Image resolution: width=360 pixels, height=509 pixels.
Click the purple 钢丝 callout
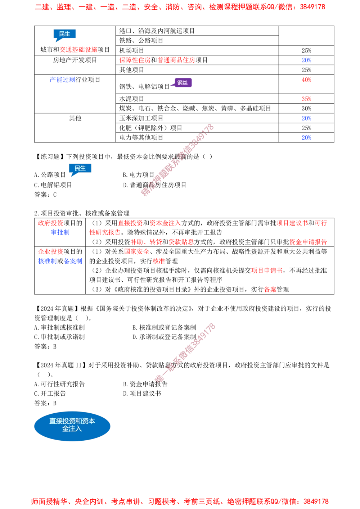click(x=183, y=83)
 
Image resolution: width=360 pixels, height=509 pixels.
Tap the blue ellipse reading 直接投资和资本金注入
click(x=72, y=425)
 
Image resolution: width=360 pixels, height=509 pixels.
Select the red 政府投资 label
click(x=50, y=223)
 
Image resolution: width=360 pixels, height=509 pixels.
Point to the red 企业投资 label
click(x=50, y=251)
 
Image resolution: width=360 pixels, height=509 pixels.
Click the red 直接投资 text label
click(x=131, y=223)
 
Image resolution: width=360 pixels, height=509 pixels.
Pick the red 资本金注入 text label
click(x=165, y=223)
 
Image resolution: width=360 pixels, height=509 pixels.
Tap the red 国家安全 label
click(x=137, y=251)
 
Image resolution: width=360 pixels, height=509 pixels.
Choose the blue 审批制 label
click(x=60, y=232)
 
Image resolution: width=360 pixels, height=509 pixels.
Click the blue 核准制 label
click(x=48, y=261)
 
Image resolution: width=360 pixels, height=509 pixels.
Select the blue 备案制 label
click(x=73, y=261)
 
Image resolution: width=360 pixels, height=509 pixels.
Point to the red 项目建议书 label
click(x=292, y=223)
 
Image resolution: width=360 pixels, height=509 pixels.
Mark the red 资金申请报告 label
click(x=308, y=242)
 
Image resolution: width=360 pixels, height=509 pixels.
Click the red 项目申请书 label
click(x=266, y=271)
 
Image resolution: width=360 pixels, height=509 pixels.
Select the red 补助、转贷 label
click(x=146, y=242)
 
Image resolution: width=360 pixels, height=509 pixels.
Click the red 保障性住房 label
click(x=134, y=60)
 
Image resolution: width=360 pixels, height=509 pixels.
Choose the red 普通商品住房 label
click(x=176, y=60)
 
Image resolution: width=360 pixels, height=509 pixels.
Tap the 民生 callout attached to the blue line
click(x=80, y=168)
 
